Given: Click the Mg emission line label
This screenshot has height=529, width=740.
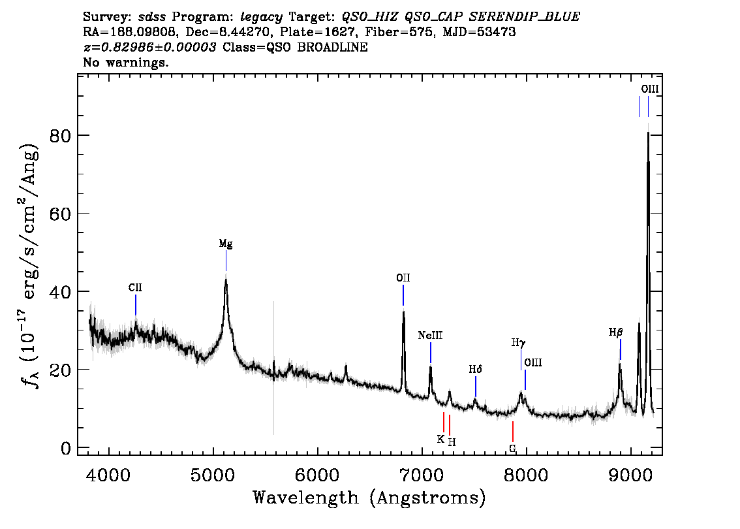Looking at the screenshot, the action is coord(226,244).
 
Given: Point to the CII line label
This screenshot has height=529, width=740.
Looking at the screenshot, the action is coord(135,287).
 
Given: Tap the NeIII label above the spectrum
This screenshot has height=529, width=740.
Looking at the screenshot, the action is coord(431,335).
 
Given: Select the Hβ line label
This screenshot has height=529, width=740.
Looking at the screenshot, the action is coord(615,332).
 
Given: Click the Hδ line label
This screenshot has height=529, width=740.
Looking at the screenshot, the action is coord(475,370).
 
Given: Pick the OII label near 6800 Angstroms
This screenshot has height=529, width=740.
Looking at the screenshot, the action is coord(403,278).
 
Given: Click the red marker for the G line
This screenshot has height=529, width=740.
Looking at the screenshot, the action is coord(512,431).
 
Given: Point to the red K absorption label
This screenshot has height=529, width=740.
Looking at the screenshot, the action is coord(440,440).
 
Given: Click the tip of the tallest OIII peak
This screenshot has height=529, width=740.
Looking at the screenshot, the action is coord(649,133).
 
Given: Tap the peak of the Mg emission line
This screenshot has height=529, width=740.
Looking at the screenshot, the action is coord(226,279).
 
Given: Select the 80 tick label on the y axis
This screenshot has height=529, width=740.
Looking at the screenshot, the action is coord(60,136).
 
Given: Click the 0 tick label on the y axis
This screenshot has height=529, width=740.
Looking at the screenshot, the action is coord(66,448).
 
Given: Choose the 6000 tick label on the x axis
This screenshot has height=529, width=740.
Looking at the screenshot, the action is coord(317,475).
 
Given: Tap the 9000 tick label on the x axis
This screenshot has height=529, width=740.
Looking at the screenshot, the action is coord(630,475).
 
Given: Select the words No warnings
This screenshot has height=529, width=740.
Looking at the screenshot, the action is coord(125,62).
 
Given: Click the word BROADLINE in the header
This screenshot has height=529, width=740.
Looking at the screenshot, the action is coord(332,47).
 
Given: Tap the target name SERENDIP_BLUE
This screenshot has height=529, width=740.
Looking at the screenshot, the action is coord(524,17).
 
